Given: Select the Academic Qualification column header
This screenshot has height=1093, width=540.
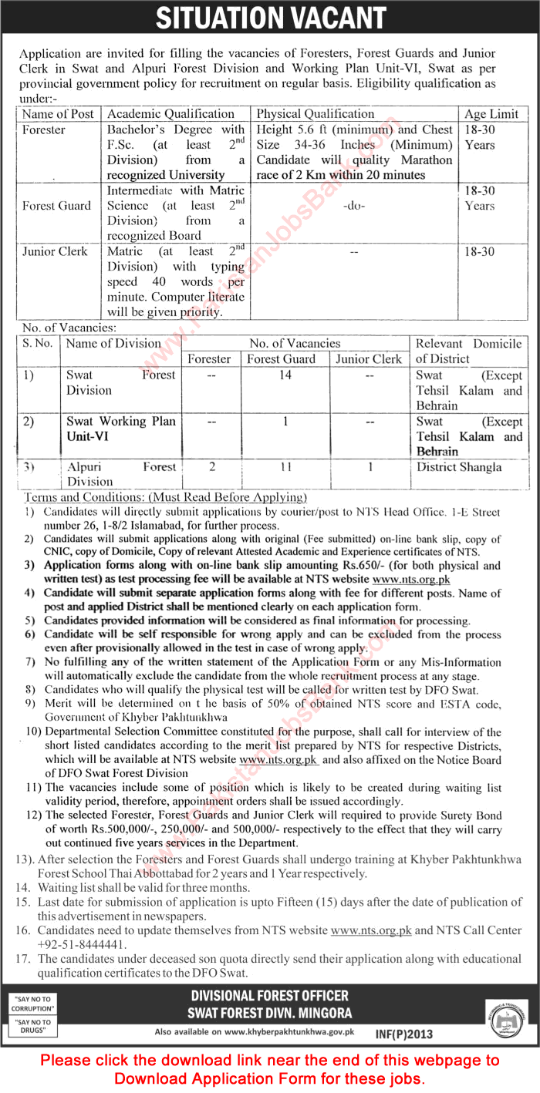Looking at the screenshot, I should coord(170,114).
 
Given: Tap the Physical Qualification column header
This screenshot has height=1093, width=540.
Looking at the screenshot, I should coord(316,114).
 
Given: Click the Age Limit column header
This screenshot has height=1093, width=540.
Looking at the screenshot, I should coord(491,114).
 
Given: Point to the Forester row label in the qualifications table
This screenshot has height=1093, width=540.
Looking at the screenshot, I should coord(44,129).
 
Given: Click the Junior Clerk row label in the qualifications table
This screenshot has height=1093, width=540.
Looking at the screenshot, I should coord(55,251).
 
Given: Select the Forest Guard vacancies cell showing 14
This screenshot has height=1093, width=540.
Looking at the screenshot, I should coord(285,375).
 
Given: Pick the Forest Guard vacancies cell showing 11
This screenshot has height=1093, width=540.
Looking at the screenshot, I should coord(285,467).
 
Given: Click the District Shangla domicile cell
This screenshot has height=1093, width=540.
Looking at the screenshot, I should coord(459,467).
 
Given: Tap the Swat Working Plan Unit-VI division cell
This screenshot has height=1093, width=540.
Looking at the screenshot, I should coord(121,429).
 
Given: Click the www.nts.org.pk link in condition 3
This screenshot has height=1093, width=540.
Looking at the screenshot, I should coord(411,579).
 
